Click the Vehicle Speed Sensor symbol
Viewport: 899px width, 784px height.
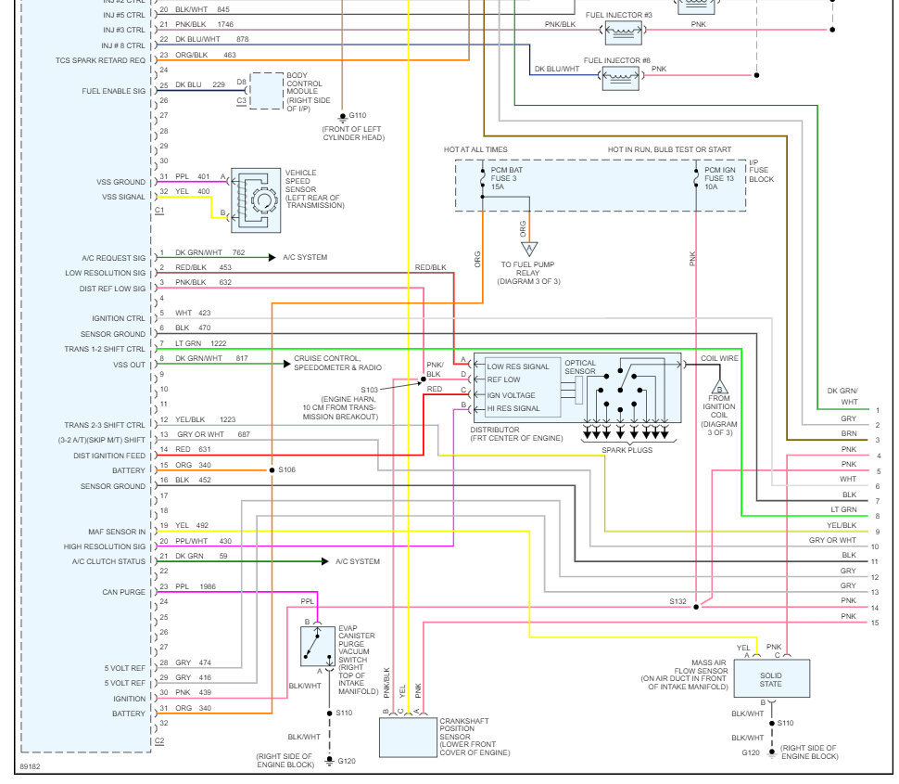point(256,200)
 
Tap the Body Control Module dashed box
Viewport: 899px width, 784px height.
point(267,91)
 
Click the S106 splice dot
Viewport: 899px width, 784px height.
point(272,470)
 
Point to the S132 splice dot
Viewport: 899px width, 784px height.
point(696,607)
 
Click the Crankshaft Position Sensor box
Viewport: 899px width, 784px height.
point(408,737)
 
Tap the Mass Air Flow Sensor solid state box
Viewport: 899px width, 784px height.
point(772,678)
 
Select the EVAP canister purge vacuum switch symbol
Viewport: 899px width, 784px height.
point(318,647)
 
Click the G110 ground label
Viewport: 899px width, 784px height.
point(357,115)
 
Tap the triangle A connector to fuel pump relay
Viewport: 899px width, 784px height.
point(529,249)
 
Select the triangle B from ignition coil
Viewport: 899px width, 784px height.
point(719,386)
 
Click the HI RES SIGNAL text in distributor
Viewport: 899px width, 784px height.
point(513,408)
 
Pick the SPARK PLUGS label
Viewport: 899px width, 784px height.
point(627,450)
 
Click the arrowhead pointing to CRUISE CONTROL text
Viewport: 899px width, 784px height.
point(287,364)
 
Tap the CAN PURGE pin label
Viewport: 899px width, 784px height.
point(124,592)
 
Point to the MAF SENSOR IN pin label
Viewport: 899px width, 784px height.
point(117,532)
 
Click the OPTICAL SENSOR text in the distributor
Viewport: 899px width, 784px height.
point(580,367)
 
